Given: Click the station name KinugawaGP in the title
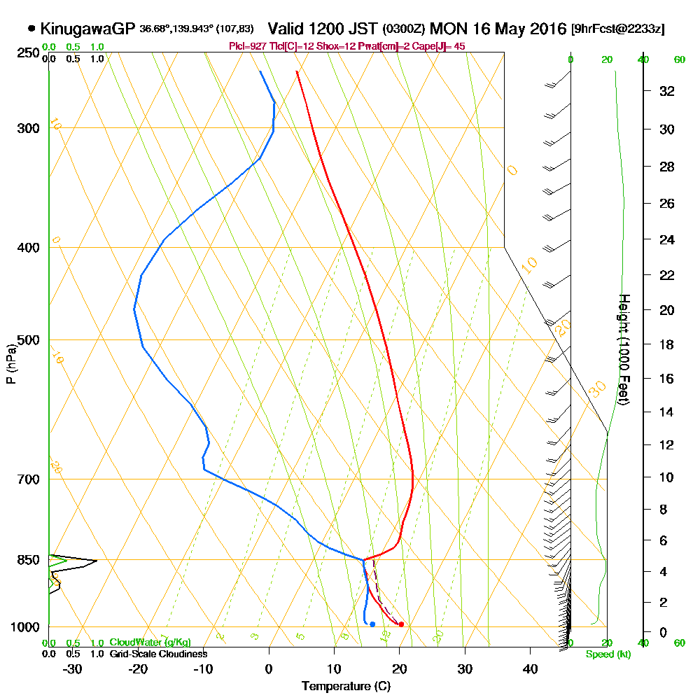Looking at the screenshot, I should [87, 29].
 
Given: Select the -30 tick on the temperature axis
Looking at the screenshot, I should [73, 668].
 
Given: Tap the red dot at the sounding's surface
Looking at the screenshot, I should [401, 624].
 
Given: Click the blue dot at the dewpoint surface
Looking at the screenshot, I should [372, 624].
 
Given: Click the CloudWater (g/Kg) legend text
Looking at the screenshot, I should [150, 643].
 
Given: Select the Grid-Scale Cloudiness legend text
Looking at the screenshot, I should [157, 654].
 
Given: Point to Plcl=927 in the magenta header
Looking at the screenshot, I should [246, 46].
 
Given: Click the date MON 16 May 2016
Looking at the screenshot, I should [498, 29].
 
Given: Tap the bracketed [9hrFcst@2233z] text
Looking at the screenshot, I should [618, 29].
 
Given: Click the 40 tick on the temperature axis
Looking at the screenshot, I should [530, 668].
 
